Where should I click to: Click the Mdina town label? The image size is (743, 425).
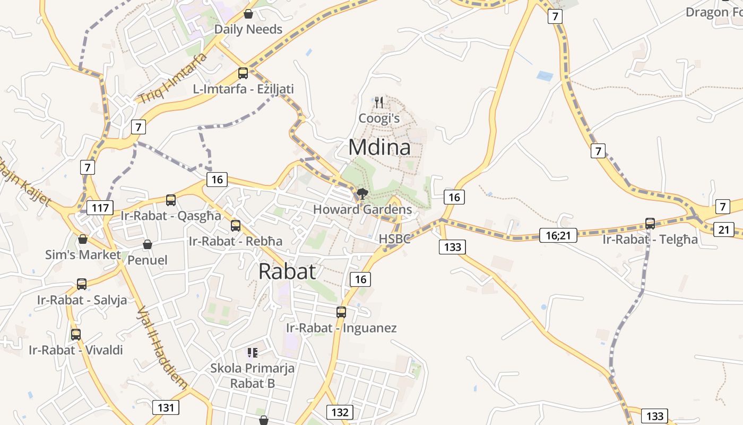(379, 147)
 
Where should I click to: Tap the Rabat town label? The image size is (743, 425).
(287, 271)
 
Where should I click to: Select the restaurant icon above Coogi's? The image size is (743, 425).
(379, 101)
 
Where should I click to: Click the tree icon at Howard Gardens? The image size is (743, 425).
(362, 194)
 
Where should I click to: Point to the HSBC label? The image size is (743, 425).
(394, 239)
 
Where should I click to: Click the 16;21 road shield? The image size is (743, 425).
(558, 235)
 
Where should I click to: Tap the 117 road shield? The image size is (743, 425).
(100, 207)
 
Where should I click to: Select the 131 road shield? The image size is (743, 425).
(166, 407)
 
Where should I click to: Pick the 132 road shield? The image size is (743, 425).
(339, 412)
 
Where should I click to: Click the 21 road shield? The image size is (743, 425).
(724, 229)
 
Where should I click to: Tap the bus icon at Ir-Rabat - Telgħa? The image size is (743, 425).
(650, 224)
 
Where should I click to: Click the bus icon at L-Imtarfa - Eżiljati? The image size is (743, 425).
(243, 73)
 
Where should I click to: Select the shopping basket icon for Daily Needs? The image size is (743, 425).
(248, 14)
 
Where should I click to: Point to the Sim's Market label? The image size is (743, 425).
(83, 255)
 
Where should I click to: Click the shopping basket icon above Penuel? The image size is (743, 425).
(148, 244)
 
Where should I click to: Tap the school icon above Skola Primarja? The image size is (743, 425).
(253, 352)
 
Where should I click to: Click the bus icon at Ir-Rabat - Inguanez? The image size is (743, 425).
(341, 312)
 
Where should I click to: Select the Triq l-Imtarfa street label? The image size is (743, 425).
(172, 78)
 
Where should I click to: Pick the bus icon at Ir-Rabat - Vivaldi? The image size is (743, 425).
(76, 335)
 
